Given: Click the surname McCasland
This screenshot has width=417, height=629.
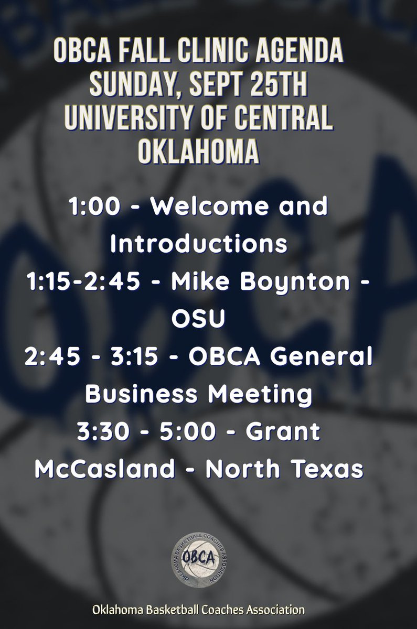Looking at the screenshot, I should coord(104,469).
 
